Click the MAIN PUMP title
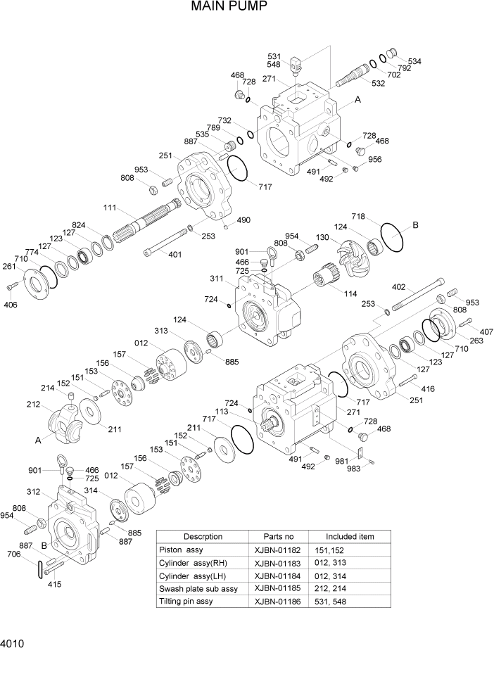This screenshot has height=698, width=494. coord(229,8)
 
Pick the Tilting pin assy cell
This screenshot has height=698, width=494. coord(186,602)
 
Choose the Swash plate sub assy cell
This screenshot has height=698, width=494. coord(198,588)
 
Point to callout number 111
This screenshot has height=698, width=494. coord(110,208)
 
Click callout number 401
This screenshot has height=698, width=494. coord(174,254)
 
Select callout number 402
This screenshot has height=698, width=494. coord(398,287)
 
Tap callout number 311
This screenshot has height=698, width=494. coord(217,279)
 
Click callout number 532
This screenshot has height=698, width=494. coord(378,84)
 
